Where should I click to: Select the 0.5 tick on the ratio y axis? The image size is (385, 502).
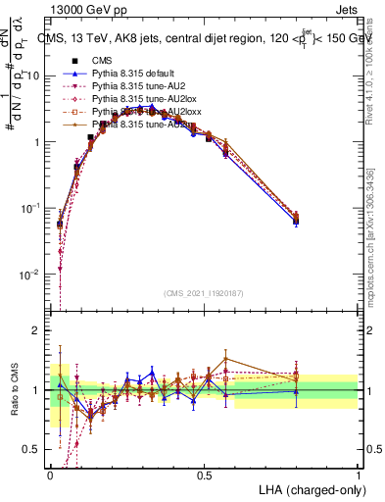click(33, 450)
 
